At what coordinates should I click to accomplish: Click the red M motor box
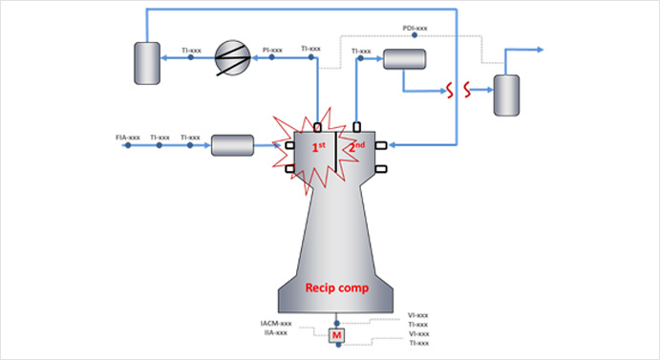335,335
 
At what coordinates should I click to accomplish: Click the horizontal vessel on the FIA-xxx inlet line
232,146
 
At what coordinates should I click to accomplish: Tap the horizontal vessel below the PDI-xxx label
403,59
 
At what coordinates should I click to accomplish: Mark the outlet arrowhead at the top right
542,49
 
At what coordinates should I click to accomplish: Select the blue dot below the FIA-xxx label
128,147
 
